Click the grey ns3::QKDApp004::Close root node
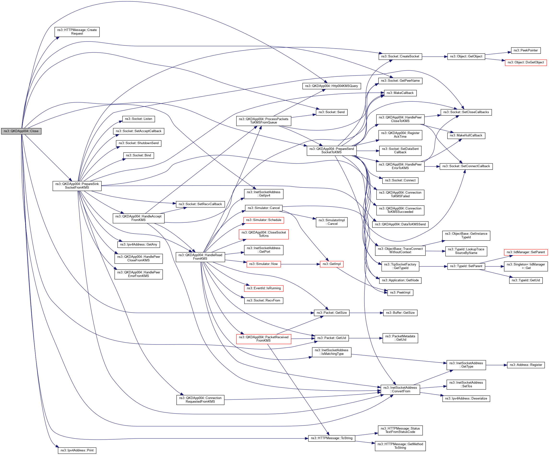[21, 131]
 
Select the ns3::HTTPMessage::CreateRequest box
[77, 32]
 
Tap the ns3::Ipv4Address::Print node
[77, 450]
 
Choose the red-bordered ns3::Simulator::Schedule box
[263, 220]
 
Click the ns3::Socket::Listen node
[138, 119]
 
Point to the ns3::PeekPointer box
[525, 50]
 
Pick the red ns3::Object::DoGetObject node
[525, 62]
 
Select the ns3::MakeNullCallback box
[466, 135]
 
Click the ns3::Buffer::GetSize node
[400, 313]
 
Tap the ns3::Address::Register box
[525, 365]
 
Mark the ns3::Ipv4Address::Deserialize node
[466, 399]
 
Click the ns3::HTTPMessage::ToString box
[332, 438]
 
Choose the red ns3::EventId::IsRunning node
[263, 288]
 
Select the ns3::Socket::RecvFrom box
[263, 301]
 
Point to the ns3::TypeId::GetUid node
[525, 280]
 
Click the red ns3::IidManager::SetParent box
[525, 252]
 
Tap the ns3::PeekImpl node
[400, 293]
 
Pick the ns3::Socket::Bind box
[138, 155]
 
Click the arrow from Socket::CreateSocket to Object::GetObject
[435, 56]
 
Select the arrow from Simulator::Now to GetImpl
[300, 264]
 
